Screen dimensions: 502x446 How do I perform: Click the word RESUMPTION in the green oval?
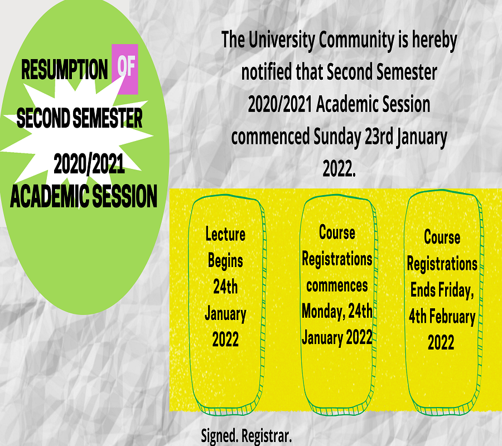coord(64,69)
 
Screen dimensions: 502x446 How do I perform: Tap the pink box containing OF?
coord(125,69)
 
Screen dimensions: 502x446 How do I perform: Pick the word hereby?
coord(434,41)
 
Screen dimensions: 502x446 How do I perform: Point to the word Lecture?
coord(225,234)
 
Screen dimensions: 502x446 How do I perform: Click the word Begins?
coord(225,261)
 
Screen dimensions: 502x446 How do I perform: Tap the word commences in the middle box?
coord(337,285)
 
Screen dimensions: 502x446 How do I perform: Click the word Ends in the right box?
coord(423,290)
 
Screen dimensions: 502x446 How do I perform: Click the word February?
coord(452,317)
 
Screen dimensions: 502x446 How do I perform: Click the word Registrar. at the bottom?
coord(267,436)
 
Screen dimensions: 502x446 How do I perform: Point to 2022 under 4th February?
coord(441,342)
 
